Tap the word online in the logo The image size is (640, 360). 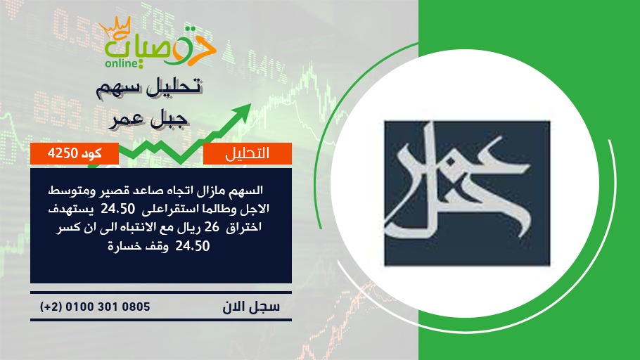(121, 63)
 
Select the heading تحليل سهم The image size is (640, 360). (149, 87)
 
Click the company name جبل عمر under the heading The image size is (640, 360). (148, 120)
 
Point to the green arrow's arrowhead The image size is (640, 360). (242, 111)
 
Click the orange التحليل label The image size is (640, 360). (248, 153)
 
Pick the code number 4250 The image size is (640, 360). (63, 153)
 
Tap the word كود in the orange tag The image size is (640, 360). (92, 153)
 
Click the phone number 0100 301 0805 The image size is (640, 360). (108, 307)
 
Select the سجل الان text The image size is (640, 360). (251, 307)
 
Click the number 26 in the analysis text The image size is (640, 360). (212, 227)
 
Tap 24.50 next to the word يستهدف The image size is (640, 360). (118, 209)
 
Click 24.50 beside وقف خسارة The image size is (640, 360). (193, 245)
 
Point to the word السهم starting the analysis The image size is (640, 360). (248, 191)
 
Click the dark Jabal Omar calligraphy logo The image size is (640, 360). (467, 193)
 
